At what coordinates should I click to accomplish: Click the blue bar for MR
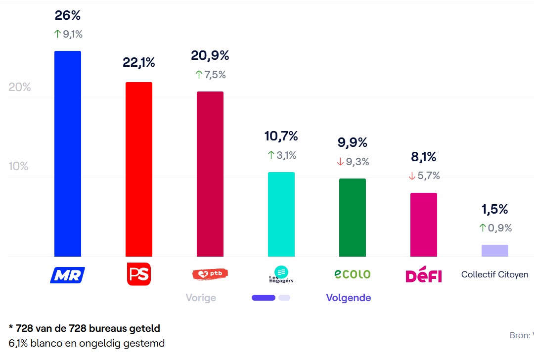(68, 153)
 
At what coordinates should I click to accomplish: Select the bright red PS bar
(139, 169)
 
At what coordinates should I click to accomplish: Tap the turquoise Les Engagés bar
(281, 214)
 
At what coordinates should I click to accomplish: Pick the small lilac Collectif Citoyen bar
(495, 251)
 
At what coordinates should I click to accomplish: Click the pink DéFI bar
(424, 225)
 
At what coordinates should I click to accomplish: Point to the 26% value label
(68, 15)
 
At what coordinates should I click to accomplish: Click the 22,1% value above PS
(139, 62)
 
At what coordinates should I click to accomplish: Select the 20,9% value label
(210, 56)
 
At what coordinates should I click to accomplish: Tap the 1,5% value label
(495, 209)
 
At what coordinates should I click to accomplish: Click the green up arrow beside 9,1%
(57, 35)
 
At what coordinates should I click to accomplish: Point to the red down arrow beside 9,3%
(340, 162)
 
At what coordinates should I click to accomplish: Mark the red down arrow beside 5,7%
(411, 176)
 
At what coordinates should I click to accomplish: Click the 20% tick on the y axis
(20, 87)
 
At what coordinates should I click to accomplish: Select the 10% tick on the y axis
(19, 166)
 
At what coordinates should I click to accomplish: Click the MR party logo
(68, 274)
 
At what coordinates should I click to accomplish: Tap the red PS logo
(139, 274)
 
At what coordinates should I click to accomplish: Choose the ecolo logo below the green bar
(353, 274)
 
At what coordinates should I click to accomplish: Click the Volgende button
(349, 298)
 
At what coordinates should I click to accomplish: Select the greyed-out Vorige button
(201, 298)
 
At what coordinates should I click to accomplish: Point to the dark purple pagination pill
(264, 298)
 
